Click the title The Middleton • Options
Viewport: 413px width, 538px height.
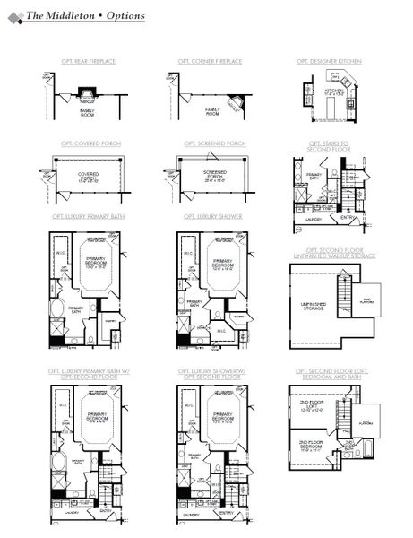point(84,15)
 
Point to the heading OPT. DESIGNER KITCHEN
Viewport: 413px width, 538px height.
point(329,61)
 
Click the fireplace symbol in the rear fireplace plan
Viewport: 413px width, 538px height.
point(87,91)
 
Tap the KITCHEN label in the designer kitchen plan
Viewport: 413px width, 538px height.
point(333,91)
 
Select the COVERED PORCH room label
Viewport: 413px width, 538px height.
point(87,176)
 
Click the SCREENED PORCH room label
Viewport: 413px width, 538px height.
point(215,176)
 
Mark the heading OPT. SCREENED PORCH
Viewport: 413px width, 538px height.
point(215,143)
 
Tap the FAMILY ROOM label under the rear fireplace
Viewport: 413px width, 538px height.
point(87,113)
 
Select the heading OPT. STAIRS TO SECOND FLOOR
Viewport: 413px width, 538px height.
point(329,145)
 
